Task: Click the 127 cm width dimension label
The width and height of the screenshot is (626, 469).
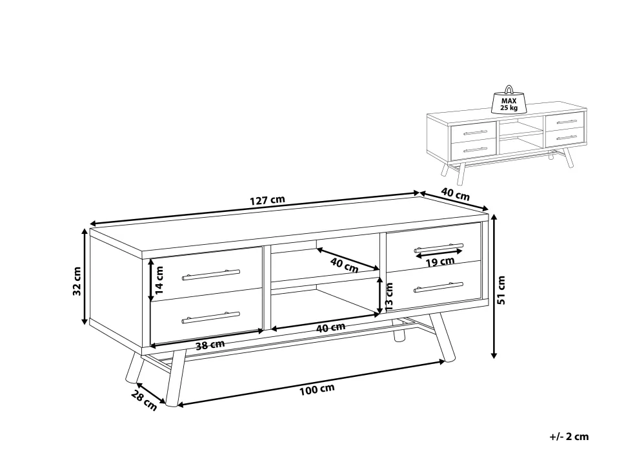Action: click(267, 200)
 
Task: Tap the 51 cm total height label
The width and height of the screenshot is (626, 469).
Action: click(501, 290)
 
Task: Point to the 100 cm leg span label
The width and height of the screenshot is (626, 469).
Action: click(317, 390)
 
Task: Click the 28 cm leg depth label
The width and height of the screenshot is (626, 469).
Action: click(144, 400)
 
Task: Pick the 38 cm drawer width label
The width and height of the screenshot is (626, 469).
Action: click(210, 345)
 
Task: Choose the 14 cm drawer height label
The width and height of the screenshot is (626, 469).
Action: click(159, 280)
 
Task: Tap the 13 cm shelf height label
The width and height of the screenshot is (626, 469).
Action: click(389, 296)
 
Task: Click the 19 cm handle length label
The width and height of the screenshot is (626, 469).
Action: click(440, 262)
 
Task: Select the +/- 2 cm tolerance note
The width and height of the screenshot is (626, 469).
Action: click(569, 436)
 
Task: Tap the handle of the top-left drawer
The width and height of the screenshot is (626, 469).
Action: click(211, 274)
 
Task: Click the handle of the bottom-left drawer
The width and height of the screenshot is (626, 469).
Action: click(211, 318)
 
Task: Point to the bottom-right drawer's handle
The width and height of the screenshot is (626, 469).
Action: click(438, 287)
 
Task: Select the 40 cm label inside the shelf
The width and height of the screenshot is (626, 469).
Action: click(345, 265)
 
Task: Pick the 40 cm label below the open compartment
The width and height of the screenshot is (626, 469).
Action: click(330, 327)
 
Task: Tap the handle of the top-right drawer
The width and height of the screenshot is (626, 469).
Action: click(439, 248)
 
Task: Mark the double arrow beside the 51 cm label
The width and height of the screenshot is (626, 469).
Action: click(494, 285)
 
